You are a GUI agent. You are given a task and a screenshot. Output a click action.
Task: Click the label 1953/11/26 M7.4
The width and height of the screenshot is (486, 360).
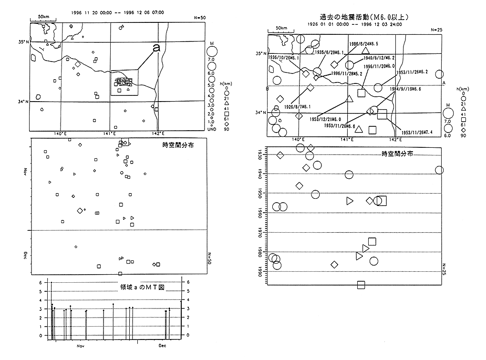[417, 132]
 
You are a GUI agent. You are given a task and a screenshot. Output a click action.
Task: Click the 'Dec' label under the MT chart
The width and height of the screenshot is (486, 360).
[162, 345]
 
